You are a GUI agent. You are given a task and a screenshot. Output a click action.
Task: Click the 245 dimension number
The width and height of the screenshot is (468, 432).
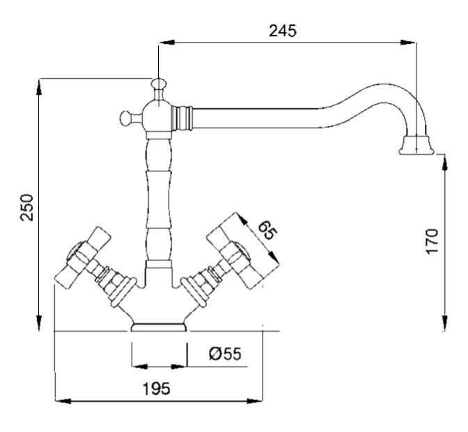(x=283, y=31)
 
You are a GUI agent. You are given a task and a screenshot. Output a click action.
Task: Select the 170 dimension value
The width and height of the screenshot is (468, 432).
(x=432, y=240)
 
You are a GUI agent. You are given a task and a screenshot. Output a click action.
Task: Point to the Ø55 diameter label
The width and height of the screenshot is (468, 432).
(x=224, y=354)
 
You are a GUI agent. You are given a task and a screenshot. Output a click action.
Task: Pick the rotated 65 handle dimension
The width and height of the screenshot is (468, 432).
(x=263, y=230)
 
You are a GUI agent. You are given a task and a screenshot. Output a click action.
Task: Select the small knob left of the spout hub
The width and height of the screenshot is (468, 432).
(x=127, y=117)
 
